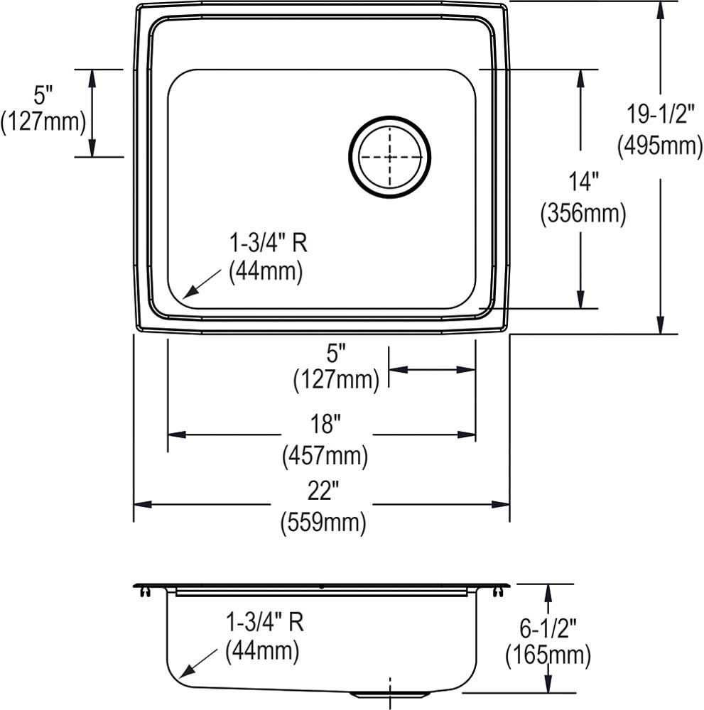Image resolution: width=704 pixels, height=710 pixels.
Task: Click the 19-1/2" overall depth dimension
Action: (660, 114)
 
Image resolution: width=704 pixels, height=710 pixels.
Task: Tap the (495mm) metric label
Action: (660, 146)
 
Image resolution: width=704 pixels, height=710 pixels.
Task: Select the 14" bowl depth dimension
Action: (583, 181)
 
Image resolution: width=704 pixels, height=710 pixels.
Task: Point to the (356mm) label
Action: (583, 213)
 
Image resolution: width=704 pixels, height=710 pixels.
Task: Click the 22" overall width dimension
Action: (323, 491)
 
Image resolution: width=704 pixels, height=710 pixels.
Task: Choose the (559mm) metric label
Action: (323, 523)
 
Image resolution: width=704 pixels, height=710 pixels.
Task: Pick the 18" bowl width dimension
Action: (325, 425)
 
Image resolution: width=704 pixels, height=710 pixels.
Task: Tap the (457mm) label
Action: (325, 456)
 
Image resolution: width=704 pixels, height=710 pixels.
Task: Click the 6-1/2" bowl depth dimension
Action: (548, 628)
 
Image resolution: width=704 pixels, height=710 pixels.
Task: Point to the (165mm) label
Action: (548, 655)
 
